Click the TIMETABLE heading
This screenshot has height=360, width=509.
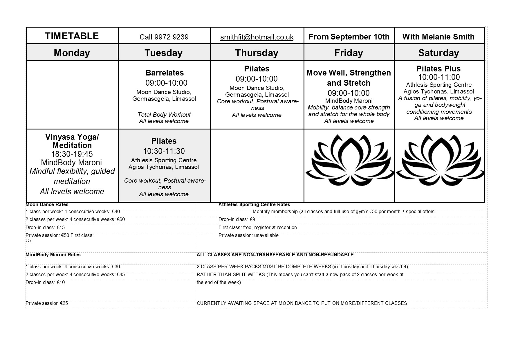pos(72,36)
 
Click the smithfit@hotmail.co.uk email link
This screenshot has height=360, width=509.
pos(257,37)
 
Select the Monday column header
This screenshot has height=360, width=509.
pos(72,53)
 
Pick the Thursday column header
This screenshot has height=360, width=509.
pos(257,53)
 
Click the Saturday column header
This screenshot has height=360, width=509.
pos(438,53)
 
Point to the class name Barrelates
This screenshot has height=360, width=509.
pos(165,73)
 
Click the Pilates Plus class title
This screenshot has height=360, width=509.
pos(438,69)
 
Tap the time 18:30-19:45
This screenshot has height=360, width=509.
pos(72,154)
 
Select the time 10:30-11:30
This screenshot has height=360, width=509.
pos(164,151)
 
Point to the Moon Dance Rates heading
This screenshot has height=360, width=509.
pos(47,204)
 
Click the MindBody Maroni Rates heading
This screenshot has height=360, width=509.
pos(53,255)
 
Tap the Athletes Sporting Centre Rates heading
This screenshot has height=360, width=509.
pos(254,205)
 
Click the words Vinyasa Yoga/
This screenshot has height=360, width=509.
pos(72,137)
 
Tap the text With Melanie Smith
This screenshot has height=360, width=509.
pos(438,37)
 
